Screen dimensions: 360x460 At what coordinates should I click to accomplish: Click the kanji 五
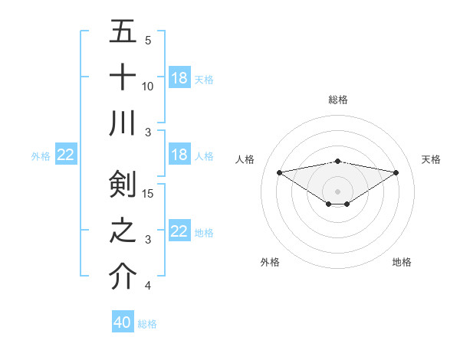pos(123,32)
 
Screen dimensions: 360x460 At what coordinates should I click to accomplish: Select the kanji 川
pos(123,123)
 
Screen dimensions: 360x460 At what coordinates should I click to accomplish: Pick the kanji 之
pos(123,231)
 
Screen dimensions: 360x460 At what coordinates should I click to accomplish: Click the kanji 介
pos(123,276)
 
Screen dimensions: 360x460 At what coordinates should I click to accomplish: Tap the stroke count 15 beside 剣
pos(149,193)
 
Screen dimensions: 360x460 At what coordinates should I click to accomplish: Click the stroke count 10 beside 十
pos(148,86)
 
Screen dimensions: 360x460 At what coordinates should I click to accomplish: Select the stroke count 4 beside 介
pos(148,286)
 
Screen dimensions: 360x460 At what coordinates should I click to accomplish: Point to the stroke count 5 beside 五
pos(148,40)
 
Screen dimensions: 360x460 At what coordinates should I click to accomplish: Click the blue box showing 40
pos(123,322)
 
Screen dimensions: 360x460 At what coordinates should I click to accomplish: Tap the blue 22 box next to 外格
pos(66,155)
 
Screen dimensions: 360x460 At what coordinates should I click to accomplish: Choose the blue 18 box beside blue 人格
pos(179,155)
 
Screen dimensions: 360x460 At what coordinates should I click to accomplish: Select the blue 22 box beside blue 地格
pos(179,231)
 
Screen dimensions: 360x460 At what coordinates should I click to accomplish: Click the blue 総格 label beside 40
pos(147,324)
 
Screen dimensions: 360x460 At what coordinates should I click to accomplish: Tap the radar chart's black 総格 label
pos(337,100)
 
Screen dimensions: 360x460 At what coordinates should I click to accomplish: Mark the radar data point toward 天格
pos(396,172)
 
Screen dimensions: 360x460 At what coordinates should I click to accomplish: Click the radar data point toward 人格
pos(280,172)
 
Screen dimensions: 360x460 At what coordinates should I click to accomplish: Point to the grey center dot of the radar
pos(337,190)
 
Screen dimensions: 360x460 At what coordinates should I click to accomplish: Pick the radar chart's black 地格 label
pos(402,262)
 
